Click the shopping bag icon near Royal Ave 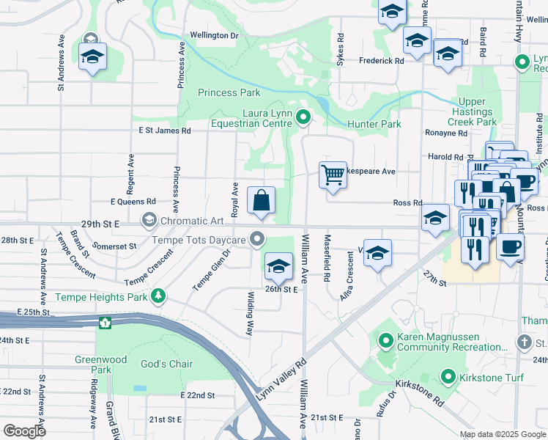pyautogui.click(x=261, y=200)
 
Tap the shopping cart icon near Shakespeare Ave pyautogui.click(x=333, y=175)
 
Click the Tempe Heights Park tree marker pyautogui.click(x=158, y=296)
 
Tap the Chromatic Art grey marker pyautogui.click(x=149, y=220)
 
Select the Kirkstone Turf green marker pyautogui.click(x=449, y=376)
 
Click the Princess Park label pyautogui.click(x=229, y=92)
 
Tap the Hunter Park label pyautogui.click(x=374, y=124)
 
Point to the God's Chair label pyautogui.click(x=167, y=364)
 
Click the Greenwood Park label pyautogui.click(x=93, y=364)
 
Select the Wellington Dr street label pyautogui.click(x=214, y=35)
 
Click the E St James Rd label pyautogui.click(x=165, y=131)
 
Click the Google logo pyautogui.click(x=24, y=431)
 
